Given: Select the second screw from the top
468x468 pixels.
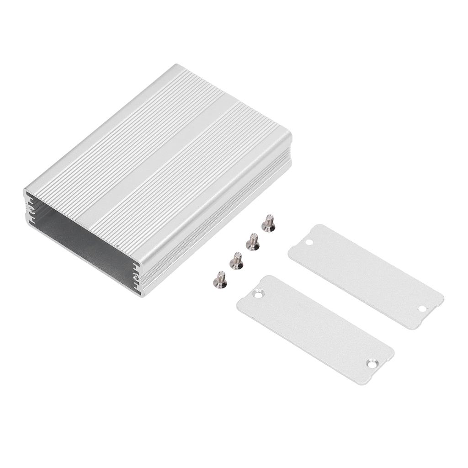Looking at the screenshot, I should pos(252,241).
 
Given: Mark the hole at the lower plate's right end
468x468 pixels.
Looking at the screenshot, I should pos(371,363).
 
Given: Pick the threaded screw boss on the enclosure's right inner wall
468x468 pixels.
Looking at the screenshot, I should pos(136,276).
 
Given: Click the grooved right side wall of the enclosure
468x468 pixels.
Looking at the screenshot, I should pos(219,219).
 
